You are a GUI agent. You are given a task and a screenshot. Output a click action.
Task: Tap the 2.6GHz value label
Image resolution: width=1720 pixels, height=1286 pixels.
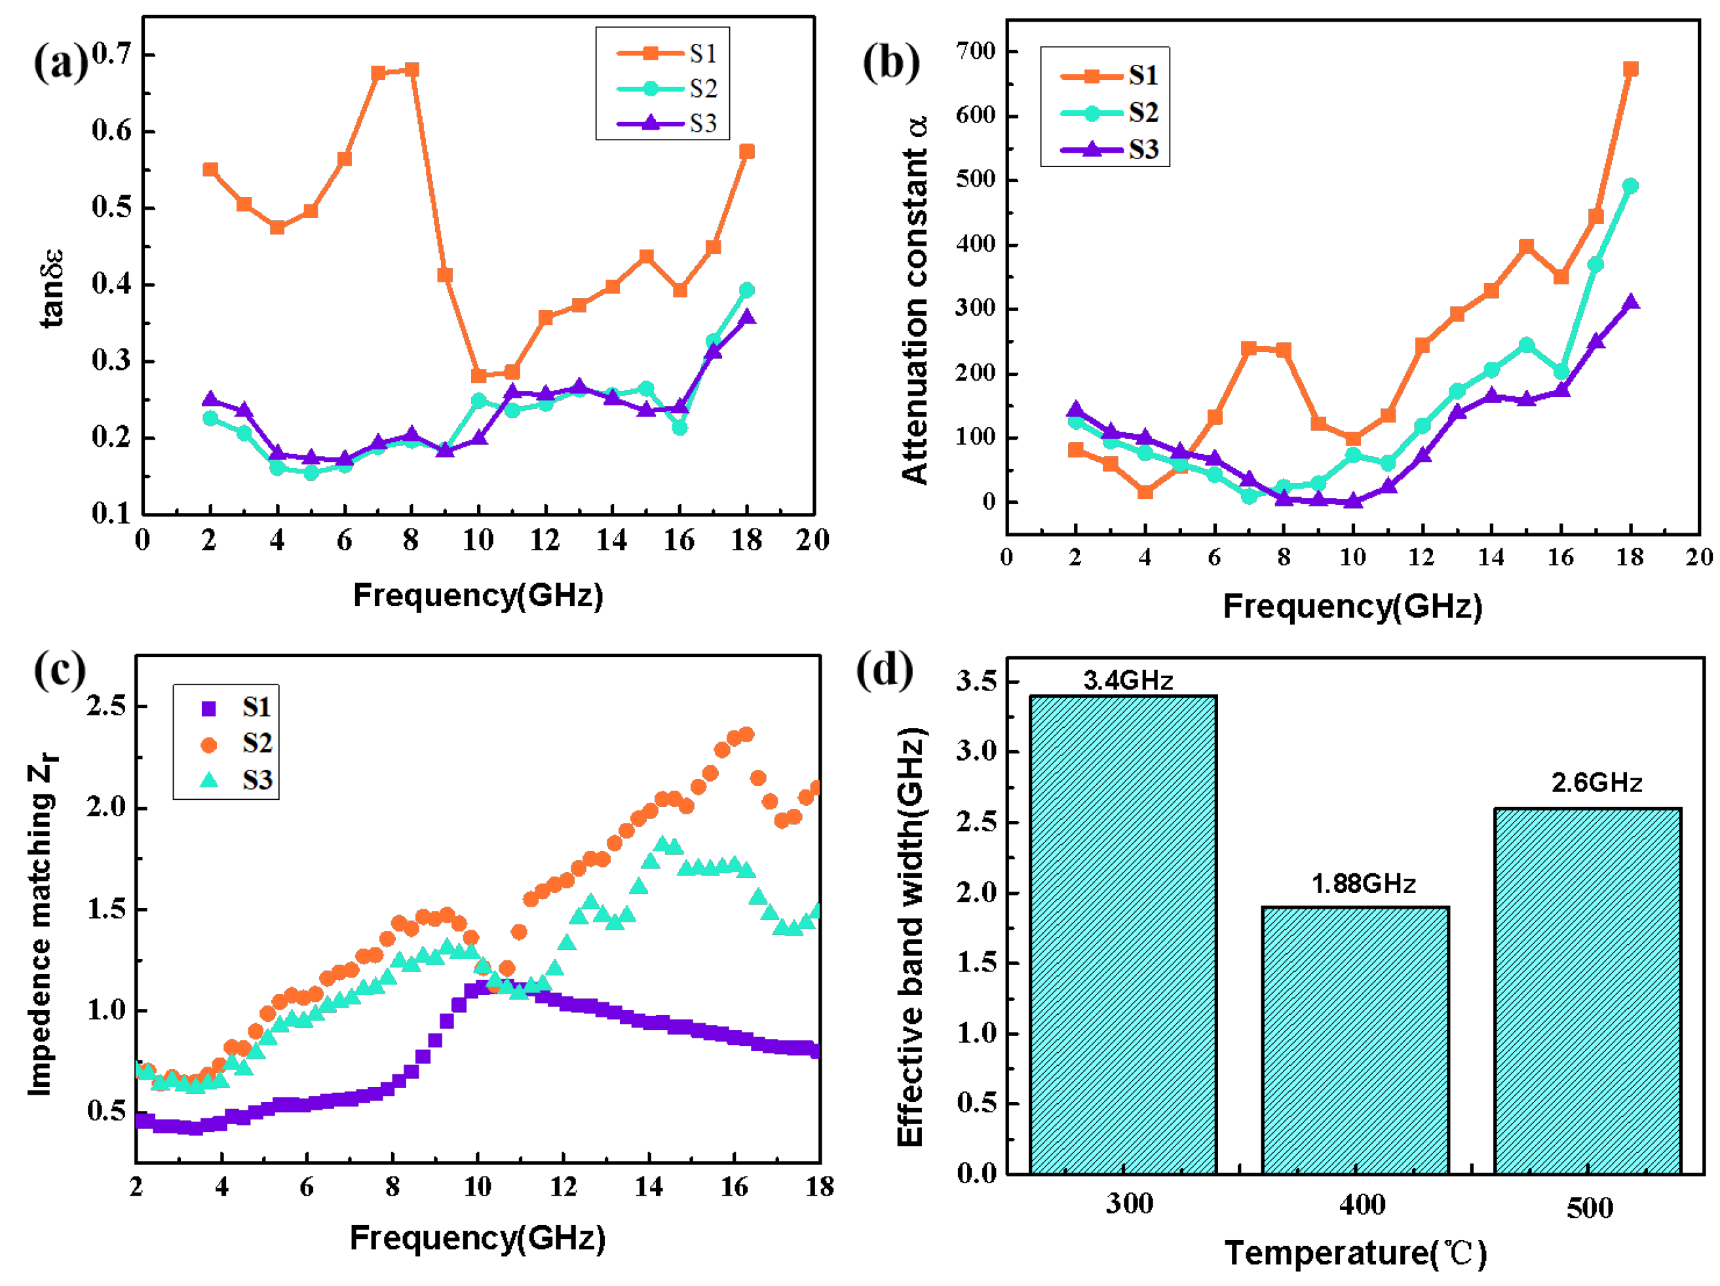pos(1596,782)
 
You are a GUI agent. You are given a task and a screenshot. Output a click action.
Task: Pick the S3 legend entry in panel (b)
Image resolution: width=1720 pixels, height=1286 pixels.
pos(1112,149)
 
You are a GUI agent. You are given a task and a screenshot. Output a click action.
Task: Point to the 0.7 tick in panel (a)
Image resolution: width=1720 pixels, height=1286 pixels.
pos(112,54)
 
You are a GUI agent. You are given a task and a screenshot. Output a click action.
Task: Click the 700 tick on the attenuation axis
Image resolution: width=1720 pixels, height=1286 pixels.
pos(976,51)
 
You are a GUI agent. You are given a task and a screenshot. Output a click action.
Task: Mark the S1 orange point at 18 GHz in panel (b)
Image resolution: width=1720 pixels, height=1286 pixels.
pos(1631,69)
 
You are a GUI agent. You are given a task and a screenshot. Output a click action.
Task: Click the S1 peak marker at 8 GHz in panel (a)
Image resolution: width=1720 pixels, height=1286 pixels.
pos(412,70)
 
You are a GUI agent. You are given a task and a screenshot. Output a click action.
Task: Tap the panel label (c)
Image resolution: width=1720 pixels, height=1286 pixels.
pos(59,670)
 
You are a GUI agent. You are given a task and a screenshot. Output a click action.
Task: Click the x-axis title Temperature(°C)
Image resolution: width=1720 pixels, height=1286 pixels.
pos(1355,1253)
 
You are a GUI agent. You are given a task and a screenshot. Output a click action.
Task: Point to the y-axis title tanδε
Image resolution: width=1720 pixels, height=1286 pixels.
pos(51,288)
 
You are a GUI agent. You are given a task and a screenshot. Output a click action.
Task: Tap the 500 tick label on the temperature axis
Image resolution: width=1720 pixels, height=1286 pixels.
pos(1590,1207)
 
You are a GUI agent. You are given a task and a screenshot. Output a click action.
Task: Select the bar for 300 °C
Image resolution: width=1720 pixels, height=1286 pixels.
pos(1123,934)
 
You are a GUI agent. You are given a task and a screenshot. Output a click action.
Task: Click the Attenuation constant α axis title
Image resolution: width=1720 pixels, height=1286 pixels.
pos(915,300)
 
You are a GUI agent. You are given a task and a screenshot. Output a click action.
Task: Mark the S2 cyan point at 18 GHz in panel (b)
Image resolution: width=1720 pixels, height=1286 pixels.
pos(1631,186)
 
